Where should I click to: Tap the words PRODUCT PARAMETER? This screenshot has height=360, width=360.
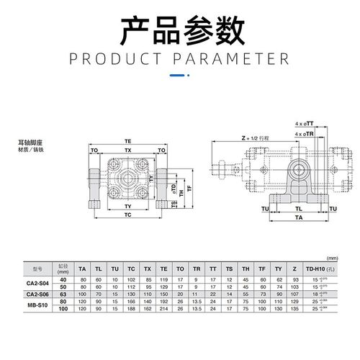(179, 58)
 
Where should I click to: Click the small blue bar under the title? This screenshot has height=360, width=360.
(179, 73)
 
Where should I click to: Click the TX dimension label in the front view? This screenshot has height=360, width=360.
(128, 150)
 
